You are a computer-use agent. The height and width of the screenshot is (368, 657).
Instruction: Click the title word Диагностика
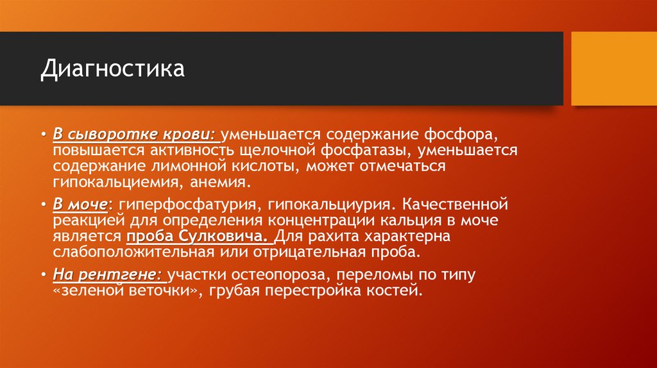[x=112, y=69]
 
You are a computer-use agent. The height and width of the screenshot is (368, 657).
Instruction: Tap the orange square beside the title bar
[x=613, y=69]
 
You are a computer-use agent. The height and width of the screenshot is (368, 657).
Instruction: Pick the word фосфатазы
[x=382, y=151]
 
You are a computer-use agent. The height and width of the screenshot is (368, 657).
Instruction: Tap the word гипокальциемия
[x=115, y=182]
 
